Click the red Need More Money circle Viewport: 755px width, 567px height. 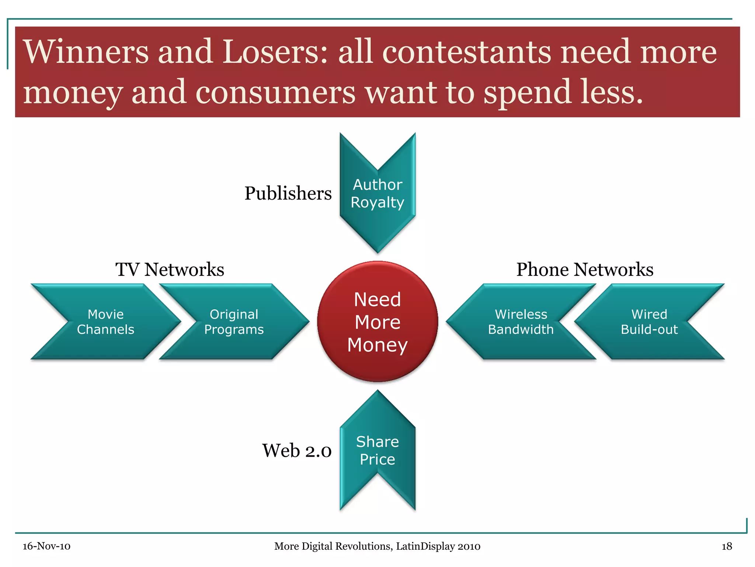pyautogui.click(x=377, y=322)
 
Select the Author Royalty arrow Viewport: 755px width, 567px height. pyautogui.click(x=377, y=193)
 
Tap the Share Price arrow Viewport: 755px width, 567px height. pyautogui.click(x=377, y=450)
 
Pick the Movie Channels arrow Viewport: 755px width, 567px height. pyautogui.click(x=106, y=322)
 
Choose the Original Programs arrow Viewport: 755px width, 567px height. pyautogui.click(x=234, y=322)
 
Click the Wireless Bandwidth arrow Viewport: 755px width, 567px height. pyautogui.click(x=521, y=322)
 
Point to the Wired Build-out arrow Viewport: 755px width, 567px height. pyautogui.click(x=649, y=322)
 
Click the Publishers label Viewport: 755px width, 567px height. pyautogui.click(x=288, y=193)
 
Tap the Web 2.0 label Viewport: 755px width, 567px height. pyautogui.click(x=297, y=451)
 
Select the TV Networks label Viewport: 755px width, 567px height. pyautogui.click(x=170, y=269)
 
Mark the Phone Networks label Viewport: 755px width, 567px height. pyautogui.click(x=585, y=269)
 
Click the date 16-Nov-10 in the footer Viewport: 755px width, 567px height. pyautogui.click(x=46, y=546)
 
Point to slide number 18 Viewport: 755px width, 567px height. pyautogui.click(x=727, y=546)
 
